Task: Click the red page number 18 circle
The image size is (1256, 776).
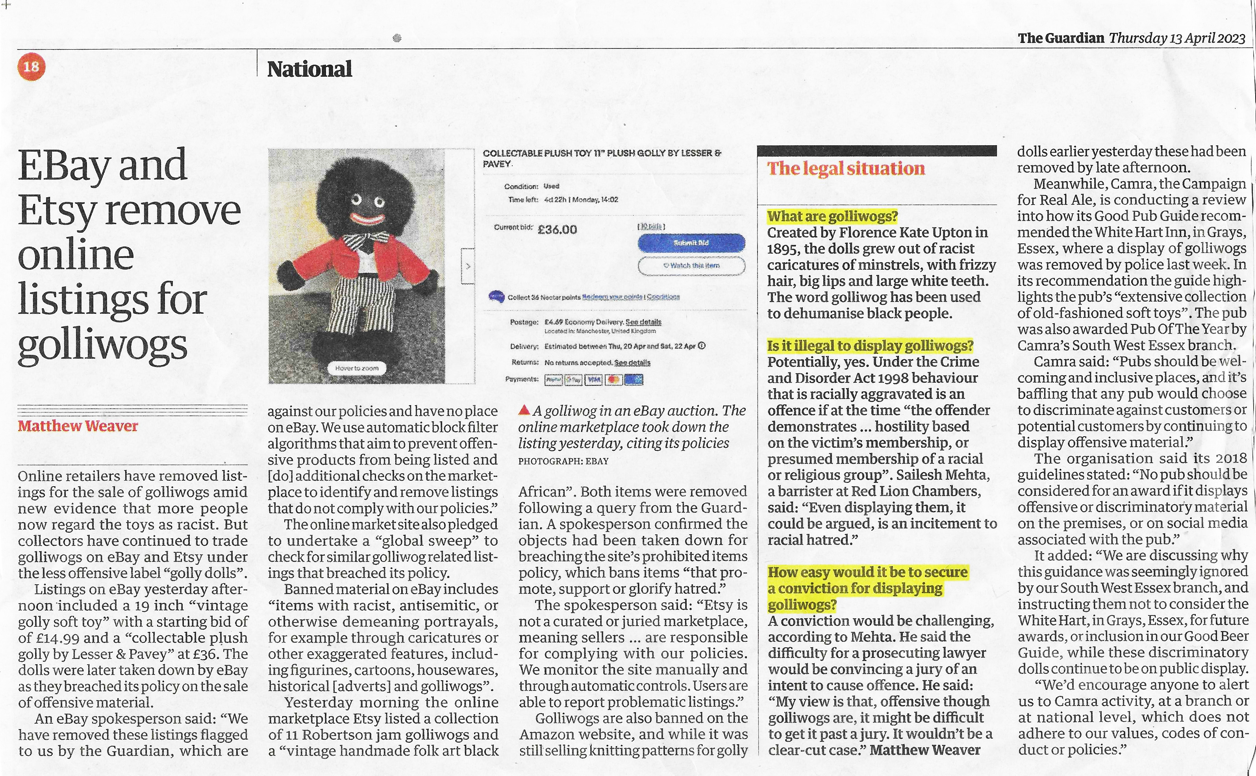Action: point(31,67)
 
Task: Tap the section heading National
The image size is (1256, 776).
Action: point(309,69)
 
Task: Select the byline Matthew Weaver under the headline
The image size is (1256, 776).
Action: point(78,426)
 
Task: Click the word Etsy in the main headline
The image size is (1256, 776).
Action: point(58,210)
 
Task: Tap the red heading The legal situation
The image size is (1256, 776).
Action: point(846,169)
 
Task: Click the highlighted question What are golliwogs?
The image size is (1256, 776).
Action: point(832,216)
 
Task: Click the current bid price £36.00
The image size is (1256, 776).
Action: point(557,230)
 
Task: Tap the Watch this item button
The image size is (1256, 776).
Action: point(691,265)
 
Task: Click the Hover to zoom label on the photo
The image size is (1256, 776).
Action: point(357,368)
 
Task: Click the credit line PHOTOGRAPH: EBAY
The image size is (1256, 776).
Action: point(563,461)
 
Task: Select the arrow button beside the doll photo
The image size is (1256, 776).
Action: point(468,266)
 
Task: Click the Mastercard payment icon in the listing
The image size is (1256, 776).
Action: point(614,380)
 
